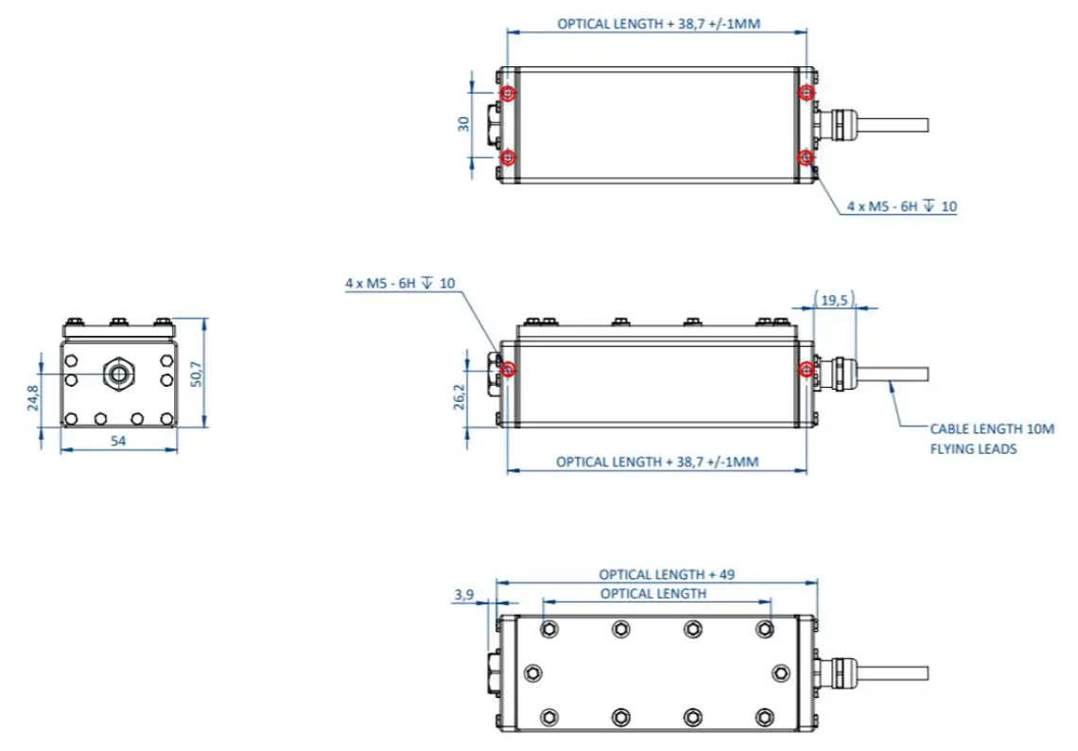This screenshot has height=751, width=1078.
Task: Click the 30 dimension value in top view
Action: (463, 124)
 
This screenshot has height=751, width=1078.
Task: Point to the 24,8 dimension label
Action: (33, 398)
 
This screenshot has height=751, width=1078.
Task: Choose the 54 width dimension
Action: (118, 441)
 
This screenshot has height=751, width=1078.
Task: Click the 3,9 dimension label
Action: (463, 594)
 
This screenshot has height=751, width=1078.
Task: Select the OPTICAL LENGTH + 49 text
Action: (666, 574)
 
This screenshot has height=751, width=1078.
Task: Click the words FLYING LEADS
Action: (973, 448)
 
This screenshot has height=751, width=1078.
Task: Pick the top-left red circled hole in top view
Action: (509, 93)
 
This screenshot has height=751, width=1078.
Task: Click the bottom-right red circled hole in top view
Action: (805, 156)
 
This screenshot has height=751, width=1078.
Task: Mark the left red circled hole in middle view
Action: (509, 368)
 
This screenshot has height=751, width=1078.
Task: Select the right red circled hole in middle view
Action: (805, 368)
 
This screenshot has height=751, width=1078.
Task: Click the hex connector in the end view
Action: (118, 373)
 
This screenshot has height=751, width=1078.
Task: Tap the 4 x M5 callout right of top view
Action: (901, 206)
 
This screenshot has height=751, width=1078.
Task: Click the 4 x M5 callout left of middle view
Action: (400, 283)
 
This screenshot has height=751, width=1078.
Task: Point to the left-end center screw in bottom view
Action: (532, 672)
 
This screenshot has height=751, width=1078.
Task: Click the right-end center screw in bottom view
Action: (780, 672)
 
